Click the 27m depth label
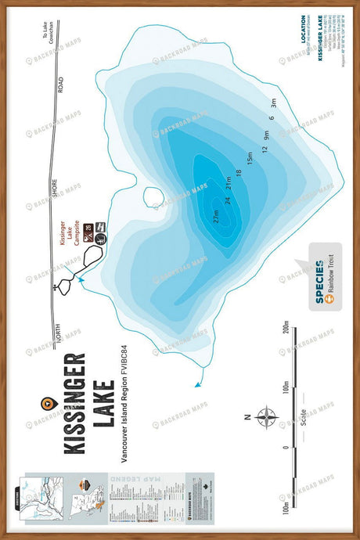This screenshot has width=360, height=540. pos(215,214)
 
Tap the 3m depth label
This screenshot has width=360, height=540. pos(273,102)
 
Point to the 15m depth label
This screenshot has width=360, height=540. pos(250,158)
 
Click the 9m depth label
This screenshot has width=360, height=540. pos(266,135)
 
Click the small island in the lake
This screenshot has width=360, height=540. pos(153,197)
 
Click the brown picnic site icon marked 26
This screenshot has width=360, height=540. pos(88,229)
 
